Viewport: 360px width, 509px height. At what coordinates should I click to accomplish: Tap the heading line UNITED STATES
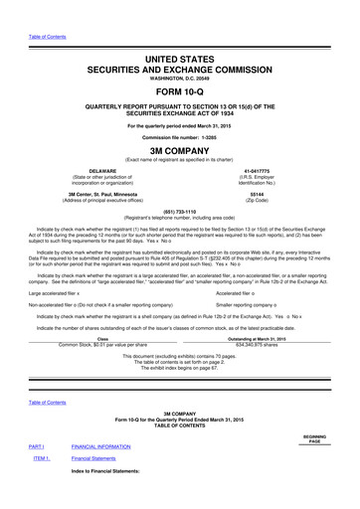[180, 61]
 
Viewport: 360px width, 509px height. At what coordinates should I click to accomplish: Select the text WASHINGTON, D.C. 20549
[180, 82]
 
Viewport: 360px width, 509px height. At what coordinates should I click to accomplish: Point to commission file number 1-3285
[180, 137]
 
